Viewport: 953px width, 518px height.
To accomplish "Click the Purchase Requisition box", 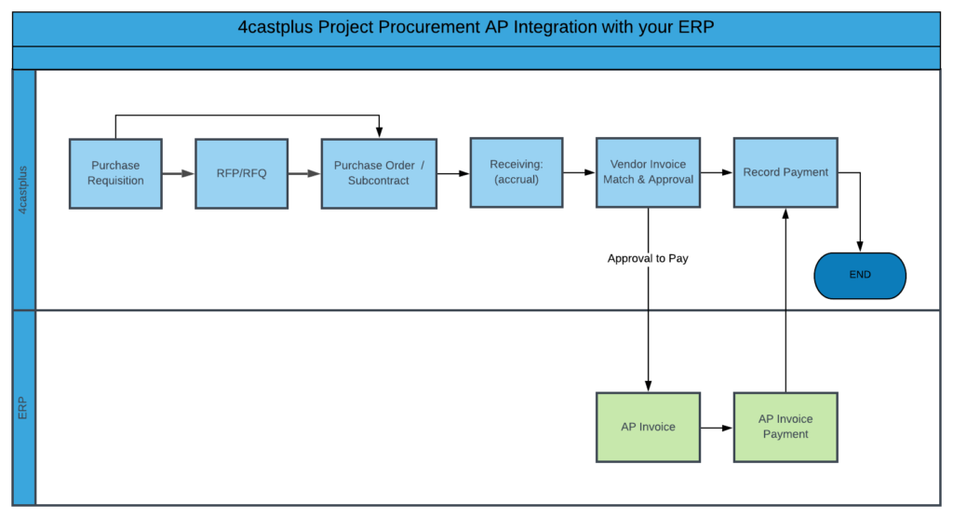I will (x=115, y=173).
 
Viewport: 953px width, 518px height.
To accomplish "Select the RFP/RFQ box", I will (x=242, y=173).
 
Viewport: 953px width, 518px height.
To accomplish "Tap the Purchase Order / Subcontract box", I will (x=379, y=173).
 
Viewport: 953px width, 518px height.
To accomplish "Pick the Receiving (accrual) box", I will (x=516, y=172).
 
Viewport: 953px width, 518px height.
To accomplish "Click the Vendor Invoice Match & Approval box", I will (x=648, y=172).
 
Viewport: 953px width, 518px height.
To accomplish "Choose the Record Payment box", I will (x=785, y=172).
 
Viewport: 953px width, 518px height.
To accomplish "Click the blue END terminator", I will (x=860, y=275).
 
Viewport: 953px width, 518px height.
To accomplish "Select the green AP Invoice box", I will (x=648, y=427).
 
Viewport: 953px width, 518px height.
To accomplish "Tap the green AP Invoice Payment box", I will (x=785, y=427).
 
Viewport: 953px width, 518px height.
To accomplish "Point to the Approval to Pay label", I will (x=648, y=258).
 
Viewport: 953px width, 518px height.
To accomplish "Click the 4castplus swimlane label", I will (x=23, y=190).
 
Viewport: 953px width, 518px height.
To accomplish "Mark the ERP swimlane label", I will (x=23, y=408).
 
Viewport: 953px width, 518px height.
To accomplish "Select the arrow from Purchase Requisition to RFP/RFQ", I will (x=178, y=173).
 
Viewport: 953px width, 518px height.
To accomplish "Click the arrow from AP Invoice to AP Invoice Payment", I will (x=717, y=428).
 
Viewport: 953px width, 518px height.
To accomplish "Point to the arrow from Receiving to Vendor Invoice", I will (x=579, y=172).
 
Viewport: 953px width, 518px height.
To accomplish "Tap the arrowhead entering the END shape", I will (x=859, y=247).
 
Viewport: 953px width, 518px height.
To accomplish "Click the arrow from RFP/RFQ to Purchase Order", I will (x=304, y=173).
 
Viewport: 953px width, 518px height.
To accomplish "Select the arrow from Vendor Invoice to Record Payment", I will (x=717, y=172).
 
